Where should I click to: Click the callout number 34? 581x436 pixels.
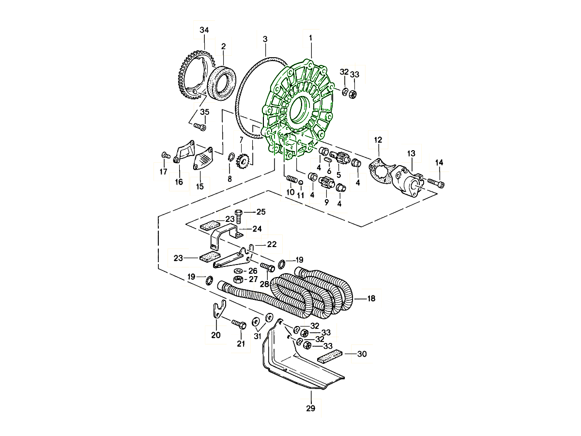tap(204, 30)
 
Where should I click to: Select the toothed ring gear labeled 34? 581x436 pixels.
tap(185, 73)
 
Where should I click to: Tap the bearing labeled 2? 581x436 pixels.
tap(221, 81)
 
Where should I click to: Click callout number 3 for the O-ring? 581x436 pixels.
tap(265, 38)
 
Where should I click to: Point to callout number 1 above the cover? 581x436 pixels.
tap(311, 37)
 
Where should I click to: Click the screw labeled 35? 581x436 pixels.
tap(200, 127)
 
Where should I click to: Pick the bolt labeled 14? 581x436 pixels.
tap(436, 183)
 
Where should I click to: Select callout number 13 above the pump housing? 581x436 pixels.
tap(411, 154)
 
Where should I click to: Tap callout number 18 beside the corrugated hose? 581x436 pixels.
tap(371, 299)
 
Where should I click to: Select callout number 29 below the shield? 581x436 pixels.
tap(311, 408)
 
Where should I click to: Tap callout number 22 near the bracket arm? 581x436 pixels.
tap(272, 245)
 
